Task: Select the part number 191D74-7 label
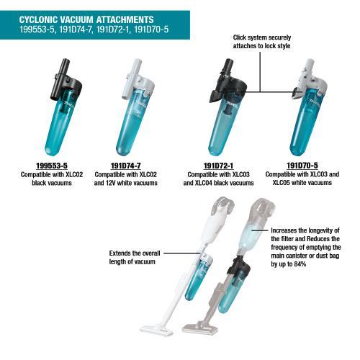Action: (x=128, y=166)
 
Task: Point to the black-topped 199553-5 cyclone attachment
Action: (x=60, y=108)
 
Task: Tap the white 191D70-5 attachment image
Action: (x=306, y=108)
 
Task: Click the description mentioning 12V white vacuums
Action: (x=130, y=179)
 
